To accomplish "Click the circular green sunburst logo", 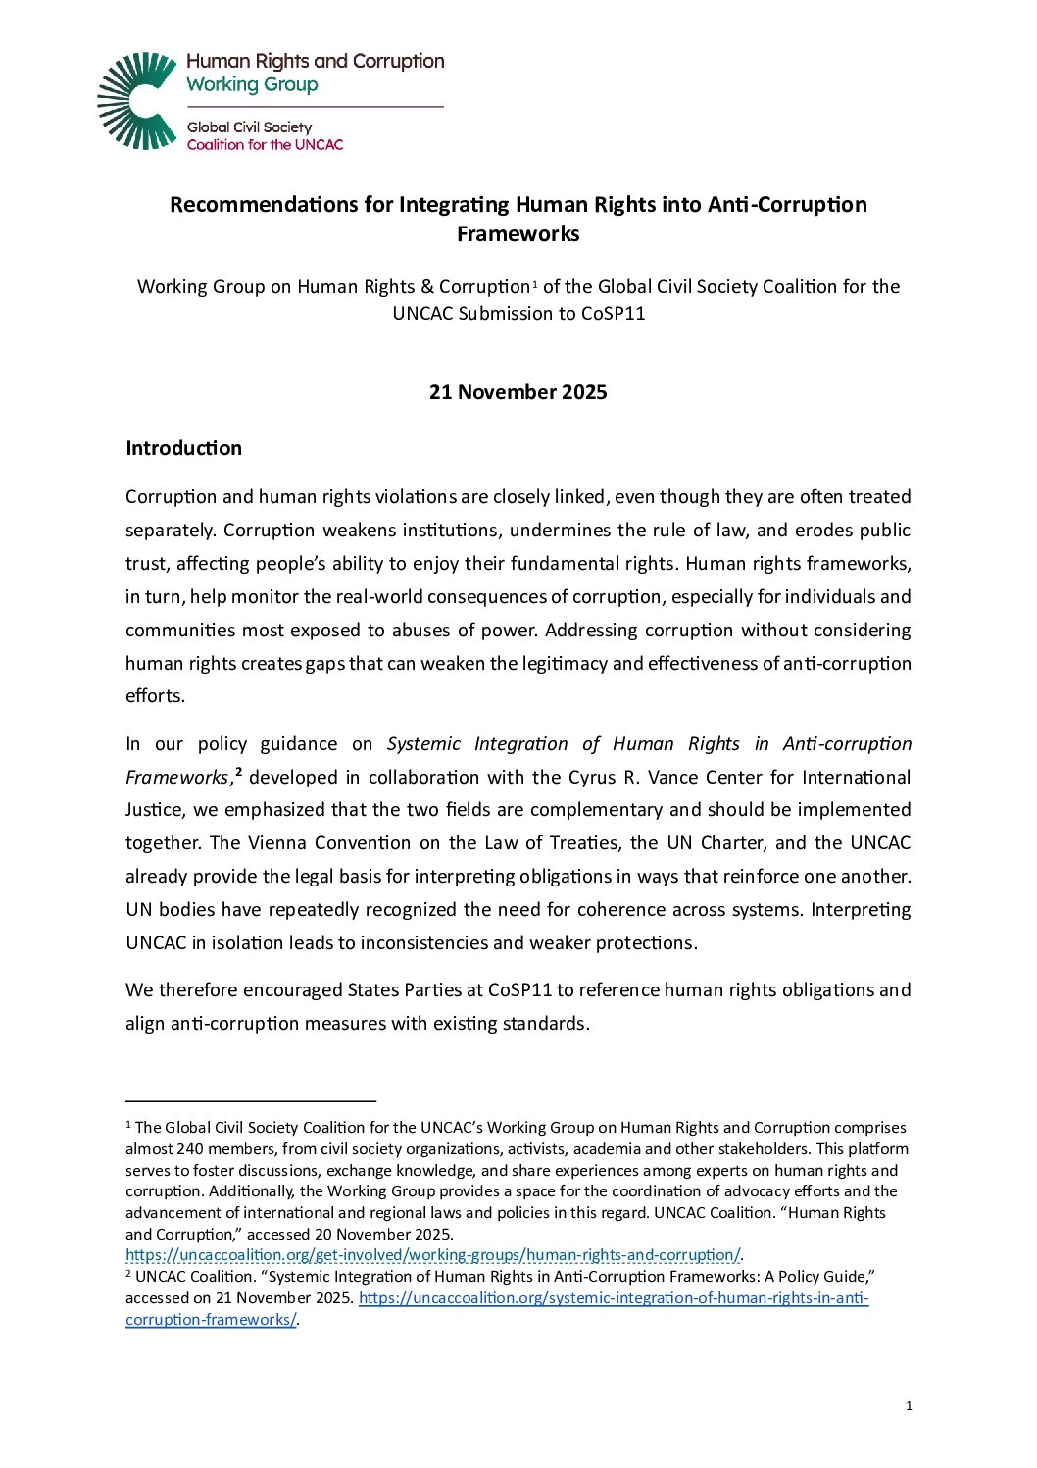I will (137, 101).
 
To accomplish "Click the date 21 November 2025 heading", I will (518, 392).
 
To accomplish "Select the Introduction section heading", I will (183, 448).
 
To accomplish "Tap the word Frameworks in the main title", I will (518, 234).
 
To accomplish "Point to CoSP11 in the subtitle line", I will (614, 314).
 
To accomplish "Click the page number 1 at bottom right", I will (909, 1406).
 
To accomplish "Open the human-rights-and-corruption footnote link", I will (432, 1255).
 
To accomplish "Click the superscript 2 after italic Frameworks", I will (239, 772).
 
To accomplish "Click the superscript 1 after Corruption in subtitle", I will (534, 284).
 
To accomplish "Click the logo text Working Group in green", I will (252, 85).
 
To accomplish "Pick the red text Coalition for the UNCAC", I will (265, 145).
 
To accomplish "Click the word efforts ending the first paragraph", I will (154, 696).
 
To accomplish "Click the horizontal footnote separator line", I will (251, 1102).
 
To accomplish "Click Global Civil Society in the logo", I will (249, 127).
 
